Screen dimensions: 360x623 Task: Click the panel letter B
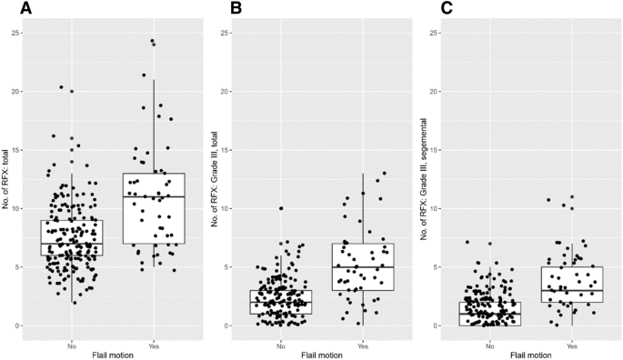(237, 9)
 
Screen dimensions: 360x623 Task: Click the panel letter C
(446, 9)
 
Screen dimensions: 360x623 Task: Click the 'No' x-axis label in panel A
(71, 346)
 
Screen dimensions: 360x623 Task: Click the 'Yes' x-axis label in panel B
(362, 346)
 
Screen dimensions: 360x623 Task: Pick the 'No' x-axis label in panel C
(490, 346)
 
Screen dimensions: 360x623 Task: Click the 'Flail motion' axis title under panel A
(111, 355)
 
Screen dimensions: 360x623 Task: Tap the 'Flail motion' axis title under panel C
(530, 355)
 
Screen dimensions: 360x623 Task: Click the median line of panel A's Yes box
(153, 196)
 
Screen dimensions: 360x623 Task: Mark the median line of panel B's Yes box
(362, 267)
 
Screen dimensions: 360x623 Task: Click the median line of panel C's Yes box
(571, 291)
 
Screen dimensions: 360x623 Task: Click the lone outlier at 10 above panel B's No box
(281, 208)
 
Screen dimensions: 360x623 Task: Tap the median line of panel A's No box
(71, 244)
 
